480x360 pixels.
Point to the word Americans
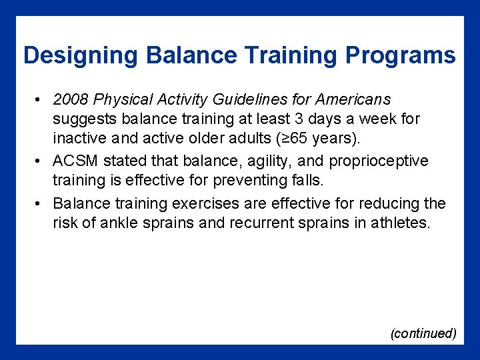(x=353, y=100)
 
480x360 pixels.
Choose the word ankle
(x=118, y=223)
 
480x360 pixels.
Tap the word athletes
(x=399, y=223)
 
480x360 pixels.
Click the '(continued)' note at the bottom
(x=423, y=333)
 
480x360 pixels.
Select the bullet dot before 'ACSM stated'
(x=40, y=162)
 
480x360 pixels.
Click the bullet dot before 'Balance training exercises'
(x=40, y=203)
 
